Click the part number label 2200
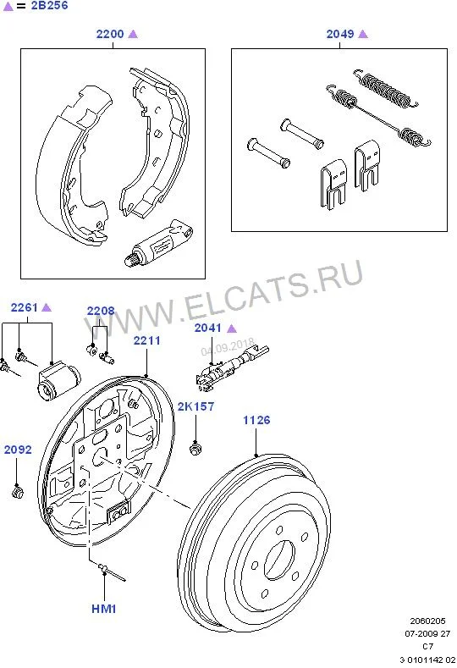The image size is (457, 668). (x=110, y=34)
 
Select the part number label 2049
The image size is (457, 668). (x=340, y=34)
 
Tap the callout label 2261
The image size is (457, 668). (x=25, y=307)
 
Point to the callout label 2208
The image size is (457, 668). (x=101, y=311)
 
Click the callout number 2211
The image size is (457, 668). (x=147, y=340)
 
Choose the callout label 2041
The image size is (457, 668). (x=208, y=328)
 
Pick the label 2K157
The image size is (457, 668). (x=196, y=406)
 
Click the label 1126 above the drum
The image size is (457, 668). (x=256, y=420)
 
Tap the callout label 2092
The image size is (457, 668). (x=18, y=450)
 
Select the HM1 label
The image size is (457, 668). (x=104, y=609)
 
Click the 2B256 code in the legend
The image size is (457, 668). (x=49, y=6)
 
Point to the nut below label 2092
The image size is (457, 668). (x=18, y=493)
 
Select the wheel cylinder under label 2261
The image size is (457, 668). (x=58, y=380)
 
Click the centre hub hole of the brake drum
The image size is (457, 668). (x=279, y=560)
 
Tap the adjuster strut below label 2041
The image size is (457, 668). (x=232, y=367)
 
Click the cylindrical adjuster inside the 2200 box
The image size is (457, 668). (x=158, y=243)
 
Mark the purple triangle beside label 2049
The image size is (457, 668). (x=363, y=34)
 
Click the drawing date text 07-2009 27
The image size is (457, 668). (x=427, y=633)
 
